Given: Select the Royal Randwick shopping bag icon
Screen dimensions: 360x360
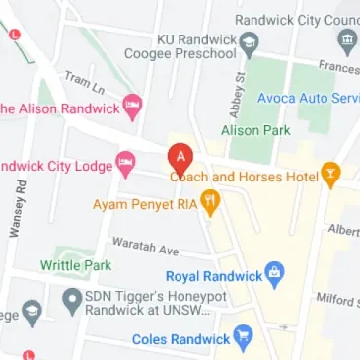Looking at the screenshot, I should [276, 273].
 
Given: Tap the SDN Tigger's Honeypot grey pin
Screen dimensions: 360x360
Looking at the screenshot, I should [71, 299].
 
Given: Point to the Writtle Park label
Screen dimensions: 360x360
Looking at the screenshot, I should [76, 265].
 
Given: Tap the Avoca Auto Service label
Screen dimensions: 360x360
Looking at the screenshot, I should [307, 99].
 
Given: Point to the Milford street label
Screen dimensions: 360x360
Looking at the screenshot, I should [336, 299].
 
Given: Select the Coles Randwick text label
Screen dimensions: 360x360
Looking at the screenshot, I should [180, 340].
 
